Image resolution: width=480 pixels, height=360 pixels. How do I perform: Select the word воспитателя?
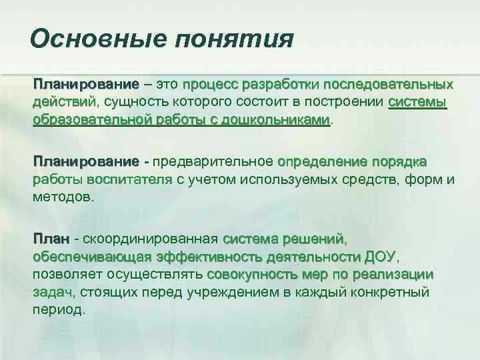(x=127, y=179)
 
